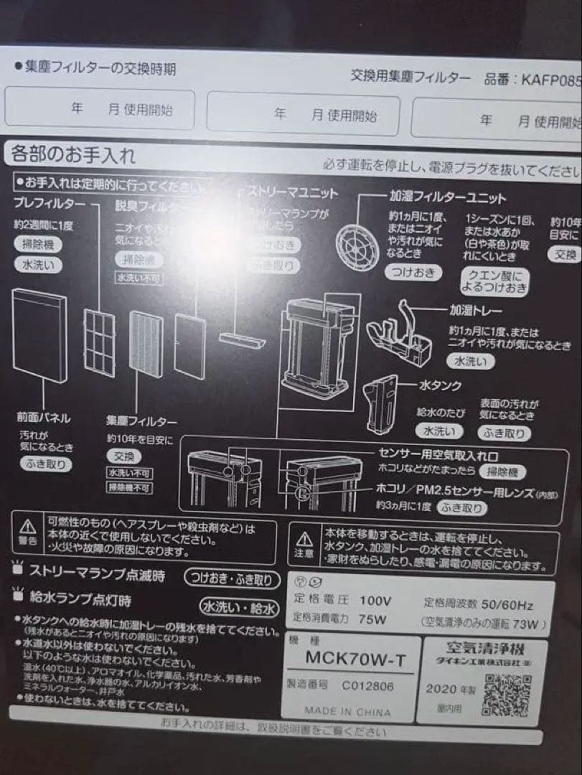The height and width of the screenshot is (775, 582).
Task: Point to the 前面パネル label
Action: click(43, 416)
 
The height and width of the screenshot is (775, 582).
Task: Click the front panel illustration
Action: click(39, 336)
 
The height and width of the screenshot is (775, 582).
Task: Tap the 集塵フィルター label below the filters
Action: click(141, 421)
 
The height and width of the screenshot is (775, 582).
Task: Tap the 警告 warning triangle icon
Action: click(27, 527)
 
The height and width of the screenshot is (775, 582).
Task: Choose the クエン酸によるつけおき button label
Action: click(497, 281)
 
